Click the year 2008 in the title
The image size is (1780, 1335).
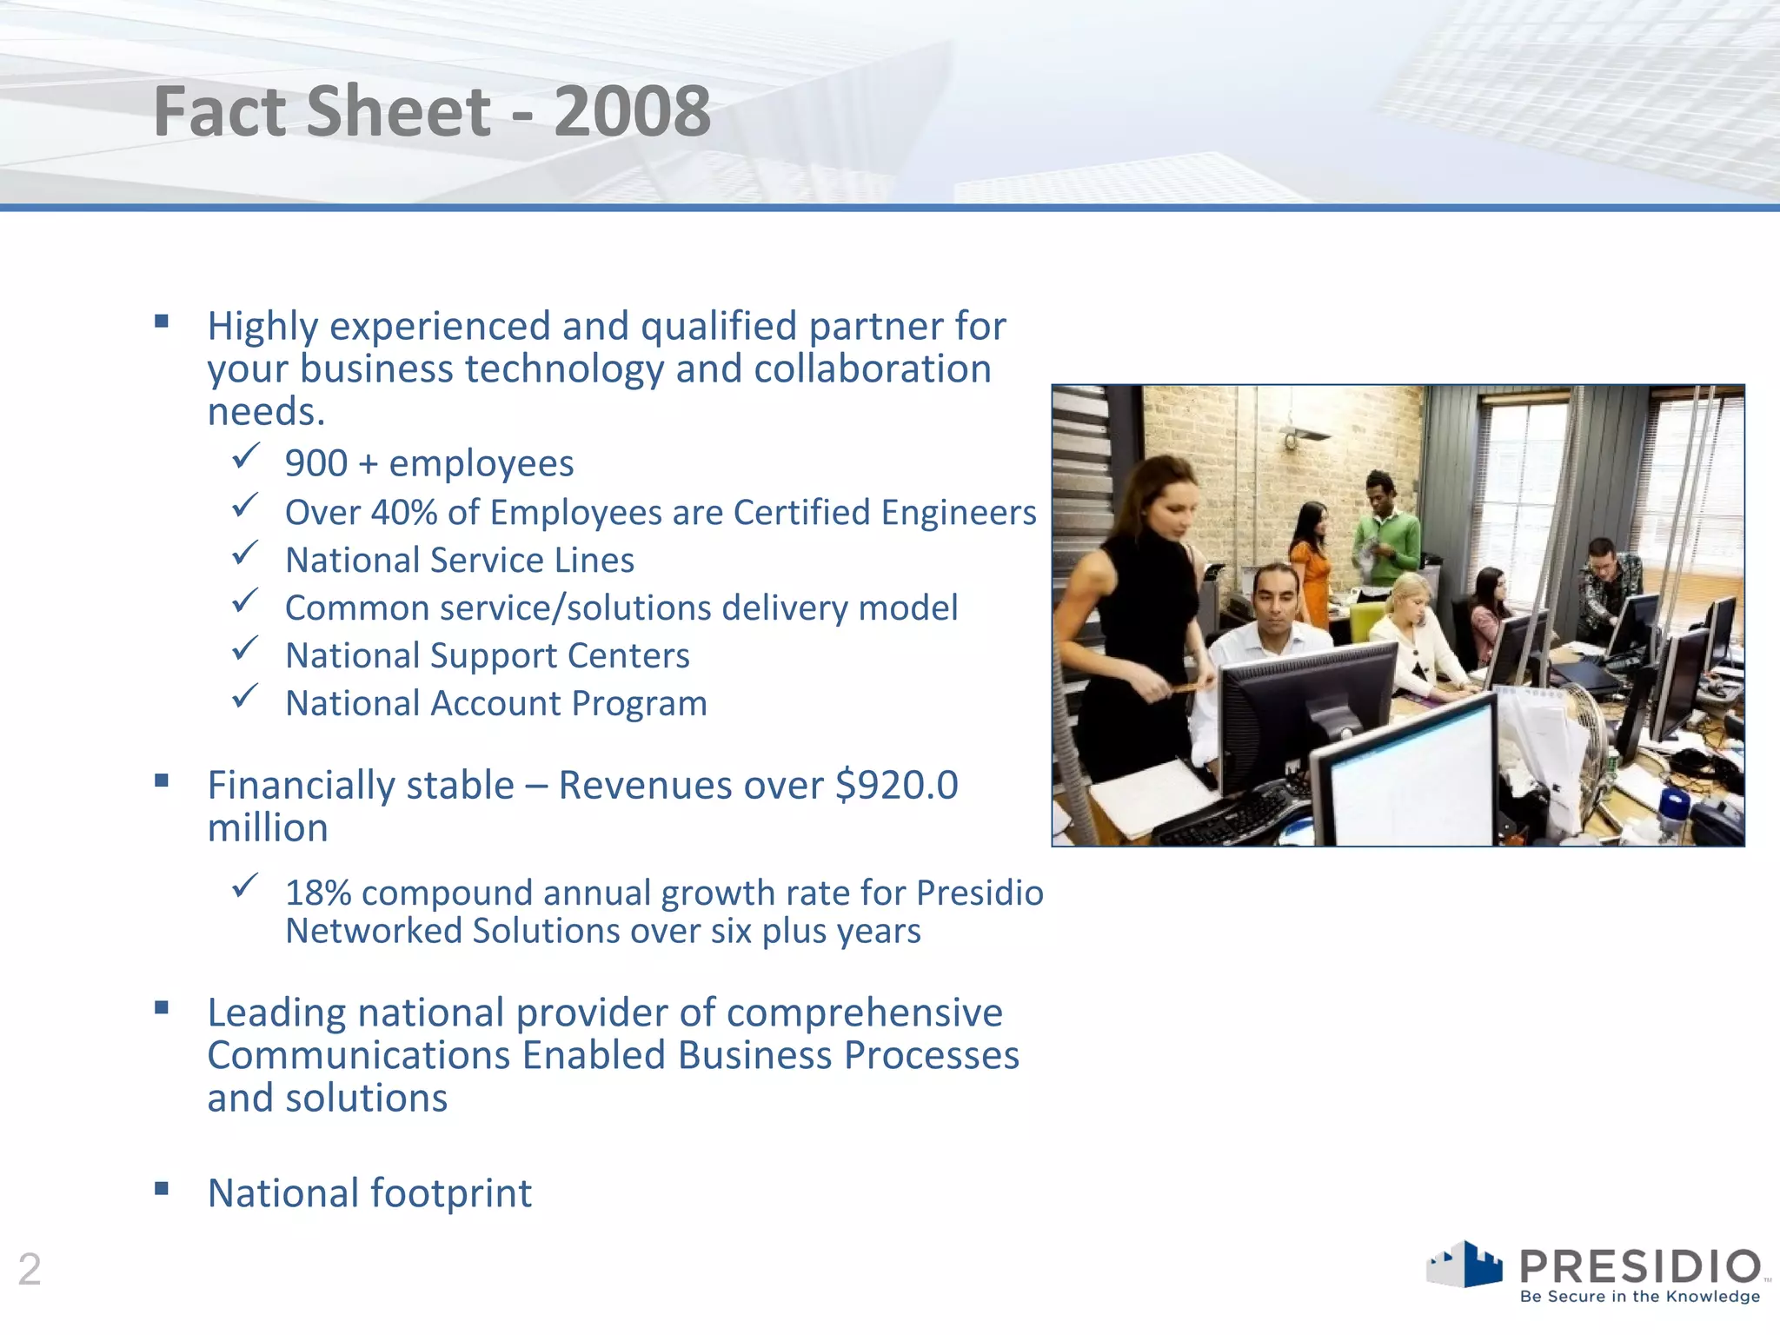pos(632,111)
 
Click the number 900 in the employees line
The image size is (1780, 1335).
pos(316,463)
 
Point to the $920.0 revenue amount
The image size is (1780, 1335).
pos(896,785)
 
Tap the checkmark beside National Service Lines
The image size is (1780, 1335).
pos(245,553)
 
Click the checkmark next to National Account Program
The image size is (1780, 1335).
pos(245,696)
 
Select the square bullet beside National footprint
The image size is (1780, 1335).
pos(162,1188)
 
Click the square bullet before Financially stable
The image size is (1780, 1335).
pos(162,780)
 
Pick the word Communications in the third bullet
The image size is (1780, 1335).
pos(358,1056)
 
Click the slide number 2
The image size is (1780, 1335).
pos(30,1269)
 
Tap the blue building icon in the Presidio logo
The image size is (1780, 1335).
pos(1481,1265)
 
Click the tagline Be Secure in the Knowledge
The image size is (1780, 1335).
pos(1639,1297)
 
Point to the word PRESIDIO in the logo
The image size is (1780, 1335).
pos(1639,1265)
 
